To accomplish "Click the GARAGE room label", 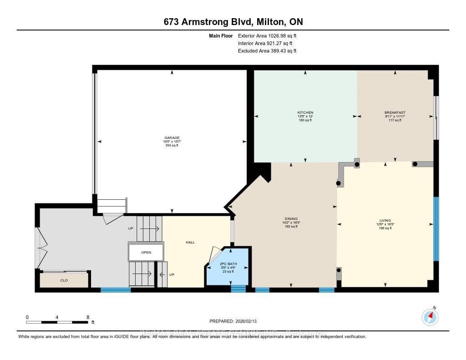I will [172, 137].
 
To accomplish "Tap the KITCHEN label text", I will [305, 112].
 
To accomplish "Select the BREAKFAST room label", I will [395, 112].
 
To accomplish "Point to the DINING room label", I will [291, 219].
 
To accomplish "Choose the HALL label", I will [190, 242].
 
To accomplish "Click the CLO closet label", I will [64, 280].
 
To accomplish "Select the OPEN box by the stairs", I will [146, 252].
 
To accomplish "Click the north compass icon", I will [430, 316].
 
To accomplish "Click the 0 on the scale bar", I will [27, 317].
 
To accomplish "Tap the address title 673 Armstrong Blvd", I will [233, 22].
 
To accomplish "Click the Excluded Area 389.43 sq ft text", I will [267, 51].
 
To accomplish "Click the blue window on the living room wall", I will [436, 229].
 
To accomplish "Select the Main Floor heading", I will [221, 35].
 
